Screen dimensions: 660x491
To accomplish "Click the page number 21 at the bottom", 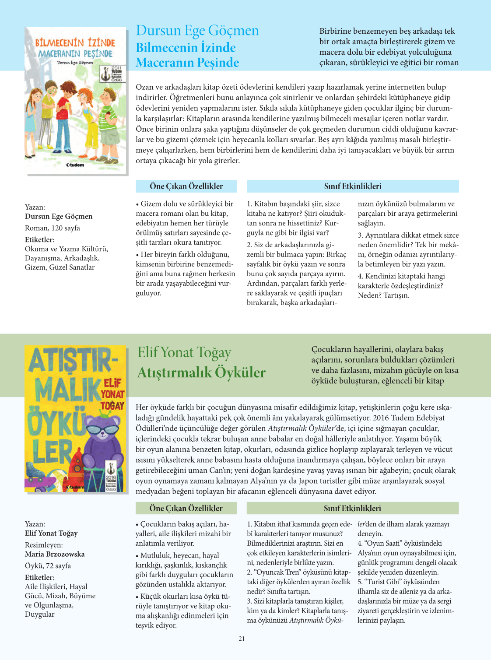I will coord(242,639).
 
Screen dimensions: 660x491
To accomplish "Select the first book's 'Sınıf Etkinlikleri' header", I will coord(353,186).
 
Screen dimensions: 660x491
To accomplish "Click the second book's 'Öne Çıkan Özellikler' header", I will coord(186,508).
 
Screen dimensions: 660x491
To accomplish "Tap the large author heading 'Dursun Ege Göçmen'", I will coord(197,31).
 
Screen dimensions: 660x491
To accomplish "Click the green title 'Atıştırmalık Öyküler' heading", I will coord(201,372).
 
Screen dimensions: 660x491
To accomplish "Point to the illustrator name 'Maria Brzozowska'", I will coord(55,554).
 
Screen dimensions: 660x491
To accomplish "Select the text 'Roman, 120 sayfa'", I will coord(53,228).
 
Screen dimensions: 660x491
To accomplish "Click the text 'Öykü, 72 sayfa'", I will coord(48,566).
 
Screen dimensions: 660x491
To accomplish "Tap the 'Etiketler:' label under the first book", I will coord(40,240).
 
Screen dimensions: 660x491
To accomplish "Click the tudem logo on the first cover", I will coord(75,165).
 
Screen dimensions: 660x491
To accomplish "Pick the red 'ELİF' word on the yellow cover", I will coord(112,383).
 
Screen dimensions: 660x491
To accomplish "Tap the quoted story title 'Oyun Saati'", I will coord(381,543).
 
